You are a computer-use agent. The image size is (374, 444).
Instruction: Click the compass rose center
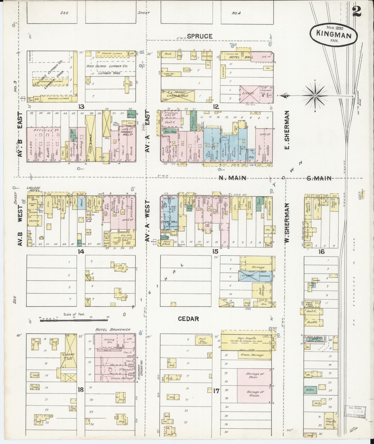point(315,96)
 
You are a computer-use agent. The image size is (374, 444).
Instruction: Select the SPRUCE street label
point(200,36)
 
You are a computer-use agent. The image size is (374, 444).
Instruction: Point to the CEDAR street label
point(188,319)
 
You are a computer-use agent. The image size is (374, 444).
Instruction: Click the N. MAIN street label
point(232,178)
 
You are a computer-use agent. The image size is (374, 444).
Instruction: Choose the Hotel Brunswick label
point(113,330)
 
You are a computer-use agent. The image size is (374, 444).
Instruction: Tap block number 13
point(82,106)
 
